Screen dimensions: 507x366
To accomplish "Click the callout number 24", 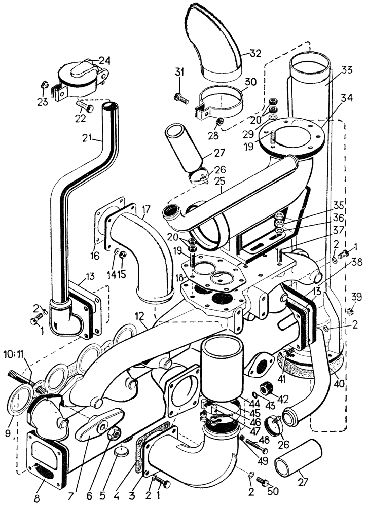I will [104, 60].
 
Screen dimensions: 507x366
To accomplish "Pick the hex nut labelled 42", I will [267, 389].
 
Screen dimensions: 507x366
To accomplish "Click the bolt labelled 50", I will [262, 480].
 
